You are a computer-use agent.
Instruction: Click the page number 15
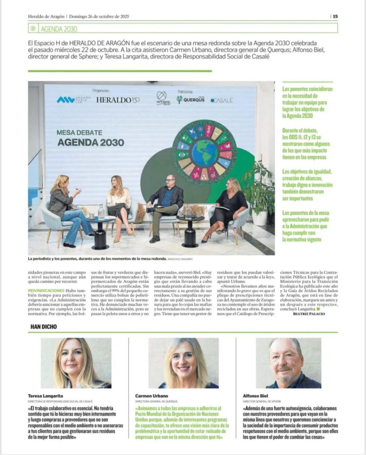coord(335,16)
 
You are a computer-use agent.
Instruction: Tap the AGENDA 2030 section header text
coord(59,29)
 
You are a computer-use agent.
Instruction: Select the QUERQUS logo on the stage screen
coord(191,100)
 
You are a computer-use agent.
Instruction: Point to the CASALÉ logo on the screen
coord(222,100)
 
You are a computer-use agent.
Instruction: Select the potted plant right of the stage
coord(260,191)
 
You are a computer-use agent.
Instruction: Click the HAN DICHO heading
coord(44,327)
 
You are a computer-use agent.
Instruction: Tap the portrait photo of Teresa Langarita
coord(76,363)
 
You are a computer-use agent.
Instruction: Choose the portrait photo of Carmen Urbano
coord(183,363)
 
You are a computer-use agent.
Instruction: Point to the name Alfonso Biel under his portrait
coord(255,395)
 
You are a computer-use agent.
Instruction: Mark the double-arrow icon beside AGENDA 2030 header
coord(33,29)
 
